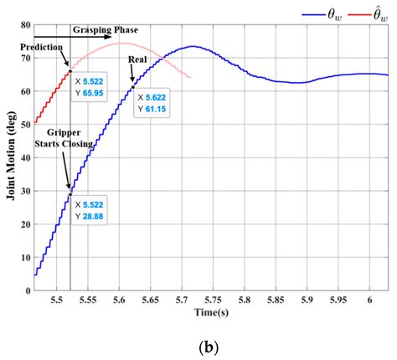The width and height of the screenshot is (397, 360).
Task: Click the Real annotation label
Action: point(138,61)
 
